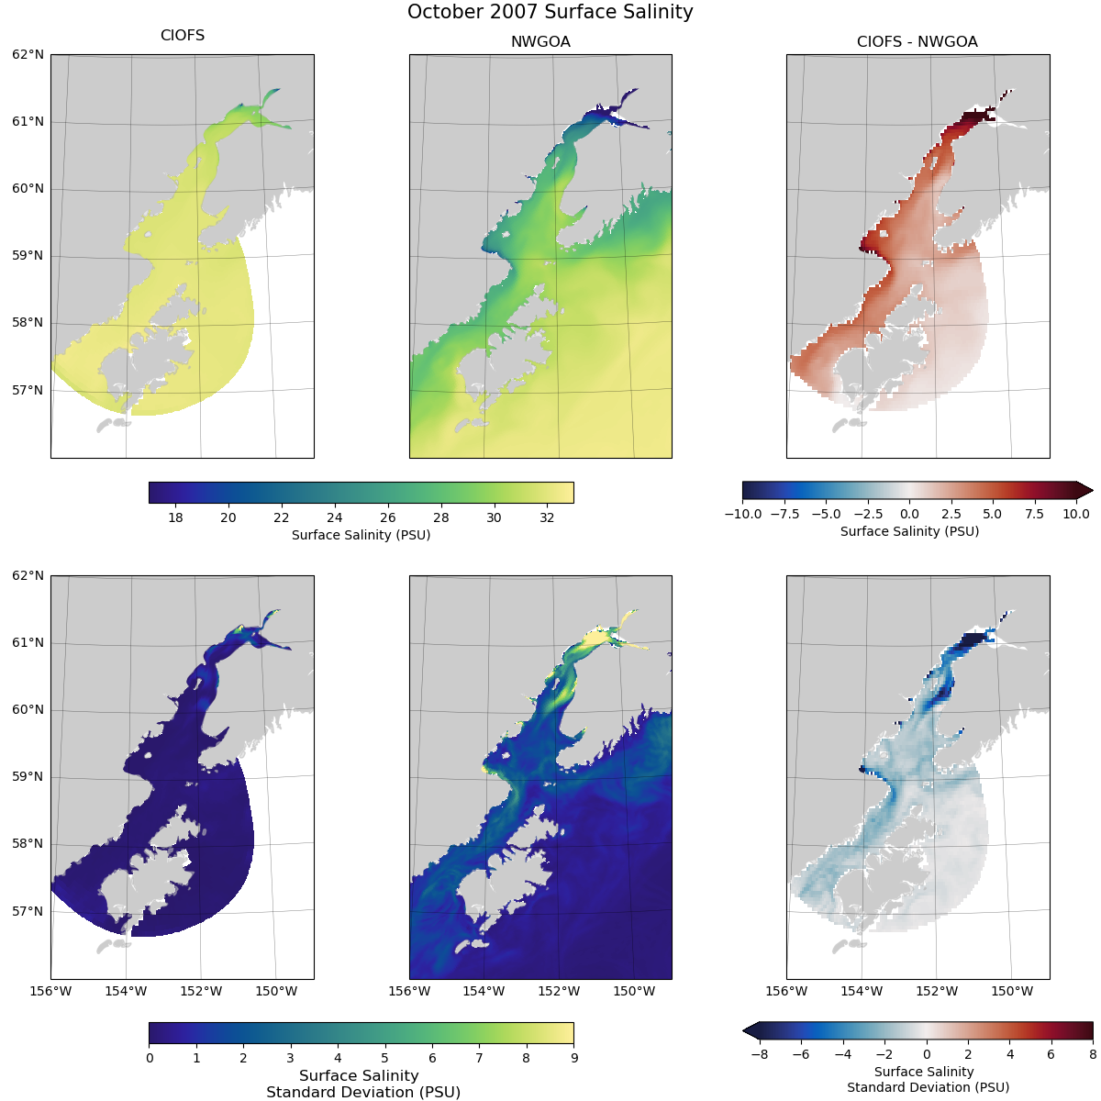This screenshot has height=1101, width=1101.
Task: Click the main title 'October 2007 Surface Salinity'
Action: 550,12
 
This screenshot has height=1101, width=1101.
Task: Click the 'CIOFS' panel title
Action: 183,36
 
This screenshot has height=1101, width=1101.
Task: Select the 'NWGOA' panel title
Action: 540,41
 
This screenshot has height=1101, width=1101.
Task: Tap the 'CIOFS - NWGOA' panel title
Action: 917,41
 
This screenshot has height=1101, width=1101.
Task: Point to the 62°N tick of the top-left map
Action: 28,54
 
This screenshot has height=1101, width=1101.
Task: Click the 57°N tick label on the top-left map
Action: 28,390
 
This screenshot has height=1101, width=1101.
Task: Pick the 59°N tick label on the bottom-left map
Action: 28,777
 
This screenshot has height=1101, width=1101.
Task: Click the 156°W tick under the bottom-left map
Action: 50,991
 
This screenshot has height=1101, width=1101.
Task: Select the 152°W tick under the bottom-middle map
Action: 559,991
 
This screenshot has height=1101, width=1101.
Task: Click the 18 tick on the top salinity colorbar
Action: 175,517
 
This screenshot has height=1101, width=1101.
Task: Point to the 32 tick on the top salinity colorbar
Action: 547,517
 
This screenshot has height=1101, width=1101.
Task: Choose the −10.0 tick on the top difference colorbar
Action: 743,514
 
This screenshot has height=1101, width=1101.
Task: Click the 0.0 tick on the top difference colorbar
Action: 909,514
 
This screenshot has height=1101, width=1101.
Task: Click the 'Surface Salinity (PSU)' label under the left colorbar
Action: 361,535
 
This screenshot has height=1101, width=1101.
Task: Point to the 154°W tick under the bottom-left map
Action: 126,991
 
